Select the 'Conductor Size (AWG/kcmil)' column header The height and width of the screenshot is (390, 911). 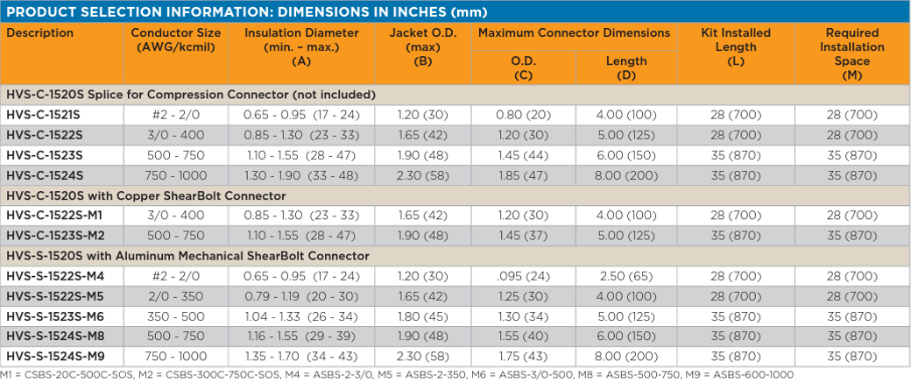point(175,40)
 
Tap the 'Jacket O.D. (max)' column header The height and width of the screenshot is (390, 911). point(418,40)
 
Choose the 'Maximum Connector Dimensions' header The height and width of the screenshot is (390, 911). point(574,33)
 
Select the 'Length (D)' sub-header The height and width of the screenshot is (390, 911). point(625,67)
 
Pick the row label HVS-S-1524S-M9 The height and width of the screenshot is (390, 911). point(55,356)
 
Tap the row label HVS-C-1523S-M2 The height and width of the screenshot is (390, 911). point(55,236)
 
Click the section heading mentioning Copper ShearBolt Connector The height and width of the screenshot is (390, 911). point(146,195)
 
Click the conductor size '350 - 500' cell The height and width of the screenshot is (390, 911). point(175,316)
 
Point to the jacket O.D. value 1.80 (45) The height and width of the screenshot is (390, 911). point(418,316)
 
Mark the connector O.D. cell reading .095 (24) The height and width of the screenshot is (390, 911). point(522,276)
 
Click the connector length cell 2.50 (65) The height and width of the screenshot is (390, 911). point(625,276)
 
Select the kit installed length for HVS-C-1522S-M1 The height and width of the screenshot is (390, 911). point(735,216)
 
